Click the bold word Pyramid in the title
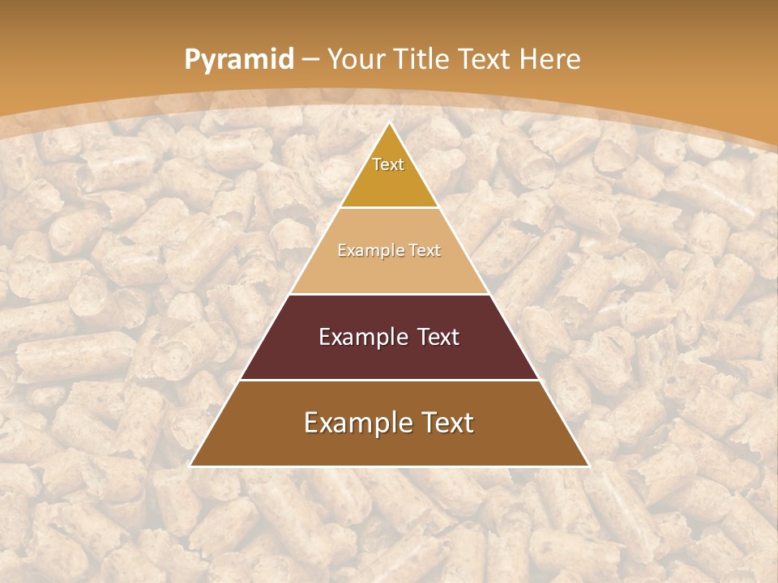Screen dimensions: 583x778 coord(238,60)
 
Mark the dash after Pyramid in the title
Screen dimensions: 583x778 coord(310,60)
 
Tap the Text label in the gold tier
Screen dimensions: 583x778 coord(388,164)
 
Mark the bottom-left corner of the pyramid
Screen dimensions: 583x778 coord(191,466)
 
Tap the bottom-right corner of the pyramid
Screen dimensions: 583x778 coord(588,466)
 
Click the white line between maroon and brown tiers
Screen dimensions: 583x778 coord(389,380)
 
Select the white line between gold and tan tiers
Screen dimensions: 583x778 coord(389,207)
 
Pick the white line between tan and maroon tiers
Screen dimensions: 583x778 coord(389,294)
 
